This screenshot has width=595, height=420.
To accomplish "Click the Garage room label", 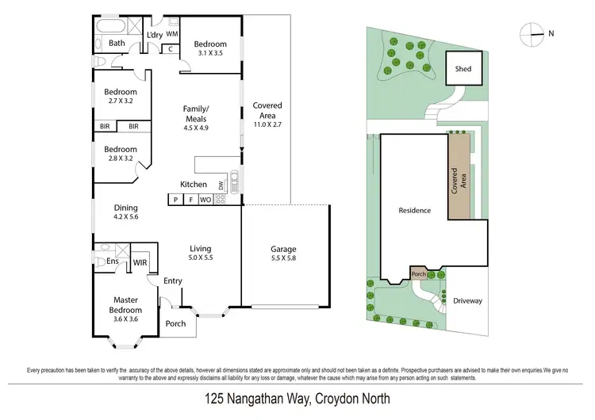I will [x=285, y=253].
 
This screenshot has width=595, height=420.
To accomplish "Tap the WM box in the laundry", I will [x=172, y=34].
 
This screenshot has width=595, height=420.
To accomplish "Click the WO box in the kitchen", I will [x=205, y=200].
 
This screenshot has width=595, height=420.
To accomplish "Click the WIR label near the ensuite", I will [x=140, y=262].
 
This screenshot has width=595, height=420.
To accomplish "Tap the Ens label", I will [x=113, y=261].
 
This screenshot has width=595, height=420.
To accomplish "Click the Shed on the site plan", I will [x=463, y=69].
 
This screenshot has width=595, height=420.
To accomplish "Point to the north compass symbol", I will [x=533, y=32].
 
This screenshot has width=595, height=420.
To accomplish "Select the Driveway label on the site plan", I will [x=467, y=301].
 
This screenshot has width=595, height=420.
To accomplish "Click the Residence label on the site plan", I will [x=415, y=210].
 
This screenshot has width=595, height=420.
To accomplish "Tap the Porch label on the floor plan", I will [x=175, y=323].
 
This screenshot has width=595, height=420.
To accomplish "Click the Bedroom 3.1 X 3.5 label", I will [x=210, y=48].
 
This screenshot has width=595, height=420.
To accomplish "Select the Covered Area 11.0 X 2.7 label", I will [x=267, y=115].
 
